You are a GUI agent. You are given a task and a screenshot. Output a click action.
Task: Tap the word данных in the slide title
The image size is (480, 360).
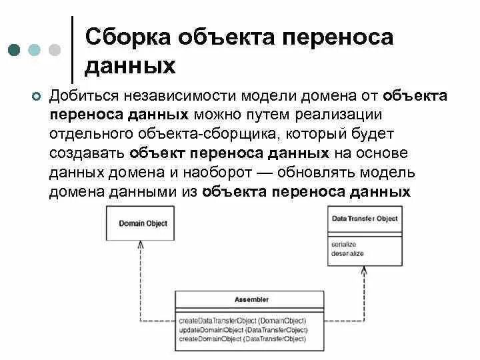[131, 66]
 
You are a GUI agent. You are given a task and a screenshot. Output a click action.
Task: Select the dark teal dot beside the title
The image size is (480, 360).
[14, 50]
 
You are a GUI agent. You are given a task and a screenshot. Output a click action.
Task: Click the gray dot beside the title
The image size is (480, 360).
[55, 50]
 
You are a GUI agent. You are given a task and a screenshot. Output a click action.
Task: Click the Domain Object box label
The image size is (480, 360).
[143, 223]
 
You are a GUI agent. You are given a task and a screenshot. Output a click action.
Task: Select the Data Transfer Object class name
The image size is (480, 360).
[365, 219]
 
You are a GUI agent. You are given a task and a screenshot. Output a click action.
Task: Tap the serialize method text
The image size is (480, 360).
[343, 245]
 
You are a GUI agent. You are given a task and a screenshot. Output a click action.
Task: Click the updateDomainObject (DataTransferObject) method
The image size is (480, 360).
[243, 330]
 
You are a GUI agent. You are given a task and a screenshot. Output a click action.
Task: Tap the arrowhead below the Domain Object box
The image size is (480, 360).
[140, 245]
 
